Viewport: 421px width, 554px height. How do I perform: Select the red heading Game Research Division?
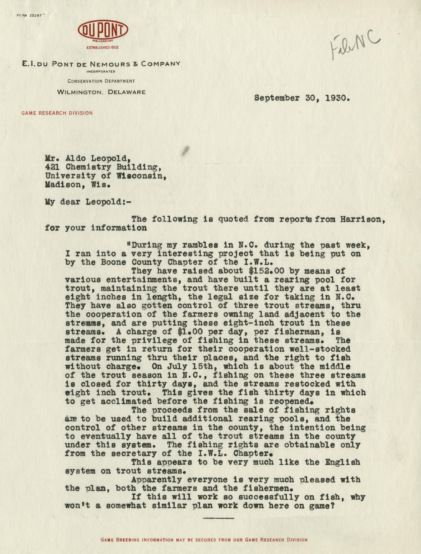pyautogui.click(x=57, y=113)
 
